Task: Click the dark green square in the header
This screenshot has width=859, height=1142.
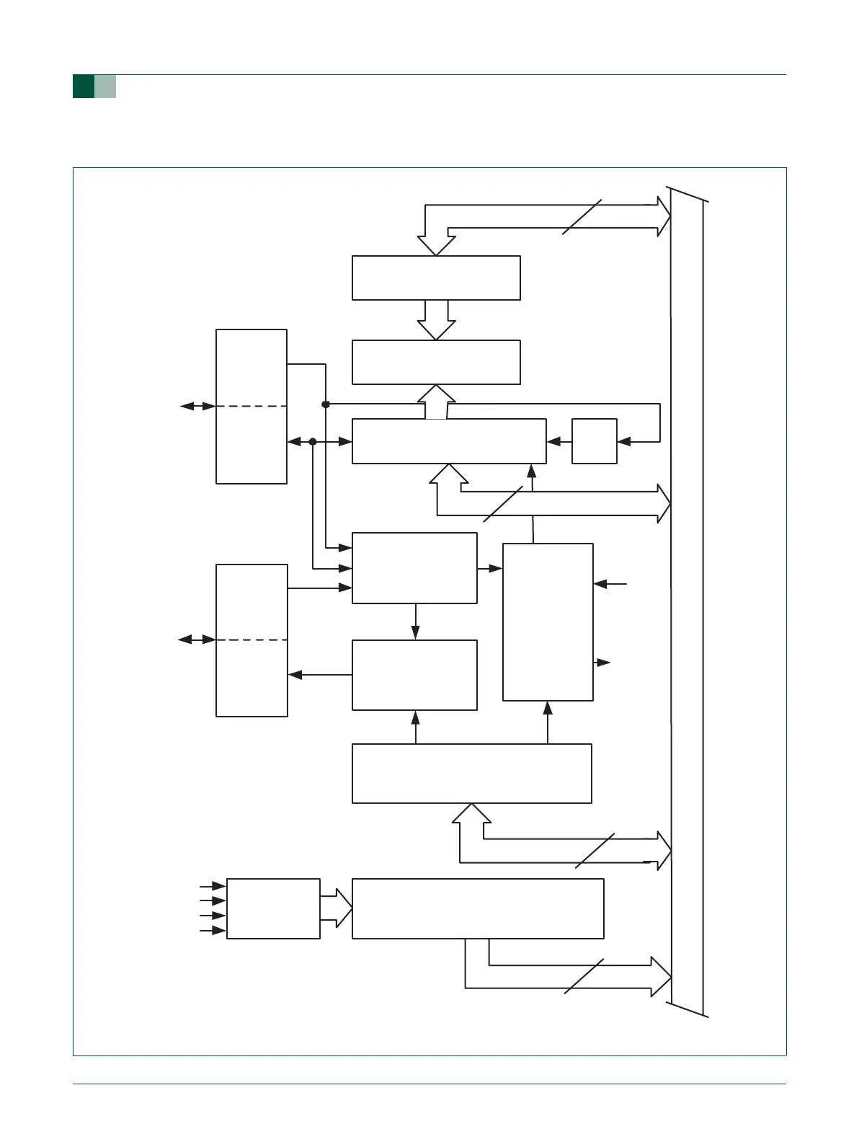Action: tap(84, 87)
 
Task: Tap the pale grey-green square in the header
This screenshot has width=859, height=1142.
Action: tap(105, 87)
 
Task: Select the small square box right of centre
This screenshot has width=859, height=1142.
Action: tap(594, 441)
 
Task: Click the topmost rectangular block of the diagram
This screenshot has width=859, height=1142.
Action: tap(436, 278)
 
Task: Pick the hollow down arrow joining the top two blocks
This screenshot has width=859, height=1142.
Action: tap(437, 319)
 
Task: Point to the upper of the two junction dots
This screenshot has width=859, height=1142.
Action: tap(326, 404)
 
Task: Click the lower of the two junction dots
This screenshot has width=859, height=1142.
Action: tap(313, 441)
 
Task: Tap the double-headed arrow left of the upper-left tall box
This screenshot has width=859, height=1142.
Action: tap(197, 407)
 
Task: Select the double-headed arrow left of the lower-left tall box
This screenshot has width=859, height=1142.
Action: tap(197, 639)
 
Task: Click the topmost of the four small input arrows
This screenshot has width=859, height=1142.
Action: tap(213, 885)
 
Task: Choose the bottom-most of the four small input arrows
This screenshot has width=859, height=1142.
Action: tap(213, 931)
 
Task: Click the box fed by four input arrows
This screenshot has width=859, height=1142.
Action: tap(273, 908)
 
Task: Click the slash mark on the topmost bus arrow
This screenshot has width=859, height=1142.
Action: tap(582, 216)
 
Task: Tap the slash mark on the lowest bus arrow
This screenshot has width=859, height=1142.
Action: tap(584, 977)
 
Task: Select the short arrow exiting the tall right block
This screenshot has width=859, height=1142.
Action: tap(602, 663)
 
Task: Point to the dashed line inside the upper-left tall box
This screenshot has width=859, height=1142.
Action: tap(252, 407)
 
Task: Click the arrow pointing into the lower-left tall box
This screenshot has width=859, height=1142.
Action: tap(319, 675)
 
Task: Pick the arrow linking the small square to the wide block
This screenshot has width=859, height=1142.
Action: tap(559, 441)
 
